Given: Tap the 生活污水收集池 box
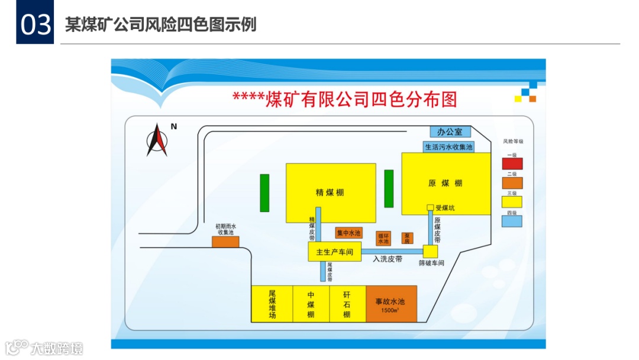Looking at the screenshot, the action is (449, 146).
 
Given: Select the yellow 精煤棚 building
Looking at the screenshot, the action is (330, 192).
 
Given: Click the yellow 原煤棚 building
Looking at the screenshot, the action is (446, 184).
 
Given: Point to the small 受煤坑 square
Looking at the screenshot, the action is (431, 207).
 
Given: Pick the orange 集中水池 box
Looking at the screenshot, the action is (348, 233).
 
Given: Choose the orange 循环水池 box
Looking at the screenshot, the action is (383, 238).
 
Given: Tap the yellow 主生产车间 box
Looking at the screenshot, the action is (334, 252).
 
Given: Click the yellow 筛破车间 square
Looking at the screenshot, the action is (430, 252).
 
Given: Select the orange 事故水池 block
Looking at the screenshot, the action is (391, 304).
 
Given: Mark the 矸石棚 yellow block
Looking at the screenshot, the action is (347, 304).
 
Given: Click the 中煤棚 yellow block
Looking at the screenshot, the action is (311, 304).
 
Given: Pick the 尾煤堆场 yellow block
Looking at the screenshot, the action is (272, 304).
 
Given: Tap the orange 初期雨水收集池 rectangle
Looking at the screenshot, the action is (225, 241).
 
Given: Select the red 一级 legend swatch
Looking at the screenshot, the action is (512, 163).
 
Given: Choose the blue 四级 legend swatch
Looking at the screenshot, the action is (512, 221).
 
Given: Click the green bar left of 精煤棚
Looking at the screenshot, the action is (264, 192).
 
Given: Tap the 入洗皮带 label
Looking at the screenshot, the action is (388, 259).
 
